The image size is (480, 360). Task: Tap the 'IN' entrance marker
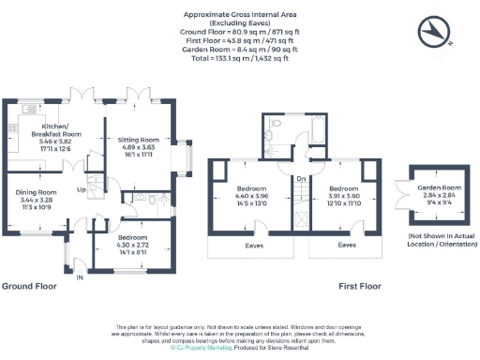[x=80, y=277]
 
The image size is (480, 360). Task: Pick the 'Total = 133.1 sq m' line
[x=239, y=58]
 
